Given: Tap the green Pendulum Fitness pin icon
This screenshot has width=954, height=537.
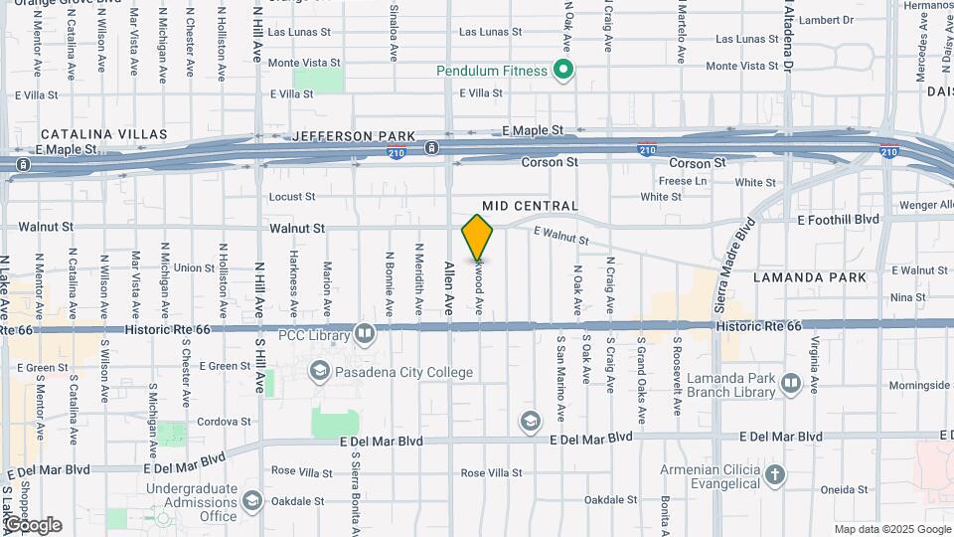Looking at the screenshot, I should pos(563,71).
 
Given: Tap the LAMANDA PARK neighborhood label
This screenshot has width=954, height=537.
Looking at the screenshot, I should pos(809,277).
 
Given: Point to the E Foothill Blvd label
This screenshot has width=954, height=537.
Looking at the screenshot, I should pos(838,219).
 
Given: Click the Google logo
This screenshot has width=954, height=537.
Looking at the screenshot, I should pos(33,524).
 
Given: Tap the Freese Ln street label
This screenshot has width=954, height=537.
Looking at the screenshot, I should pos(684,181).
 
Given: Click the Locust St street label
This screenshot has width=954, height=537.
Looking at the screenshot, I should pos(292,197).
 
